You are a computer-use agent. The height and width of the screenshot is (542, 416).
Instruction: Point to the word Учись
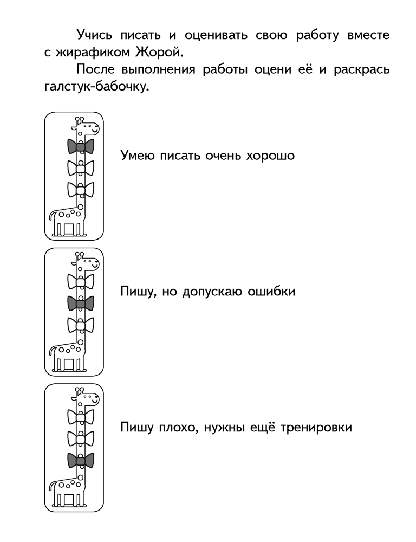click(x=94, y=36)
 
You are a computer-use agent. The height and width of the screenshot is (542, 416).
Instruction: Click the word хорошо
click(x=270, y=156)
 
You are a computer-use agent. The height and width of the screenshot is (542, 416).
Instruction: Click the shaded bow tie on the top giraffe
click(x=81, y=146)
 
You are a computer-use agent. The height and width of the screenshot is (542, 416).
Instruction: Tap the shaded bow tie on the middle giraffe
click(x=81, y=304)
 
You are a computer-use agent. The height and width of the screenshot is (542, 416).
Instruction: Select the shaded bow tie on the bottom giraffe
click(x=81, y=460)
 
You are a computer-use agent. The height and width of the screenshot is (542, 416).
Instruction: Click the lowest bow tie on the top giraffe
click(x=81, y=190)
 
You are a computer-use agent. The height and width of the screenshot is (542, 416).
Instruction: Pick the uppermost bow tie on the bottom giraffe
click(x=81, y=417)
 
